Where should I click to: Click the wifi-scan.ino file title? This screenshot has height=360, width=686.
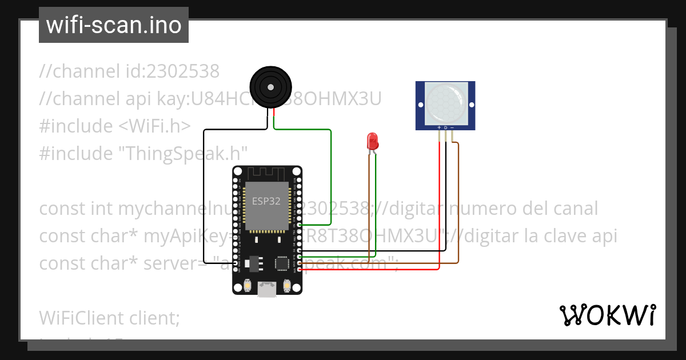click(113, 25)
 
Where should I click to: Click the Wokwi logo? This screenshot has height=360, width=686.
click(607, 315)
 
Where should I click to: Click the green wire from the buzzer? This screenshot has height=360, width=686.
click(331, 171)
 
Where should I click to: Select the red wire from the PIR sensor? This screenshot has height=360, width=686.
click(439, 206)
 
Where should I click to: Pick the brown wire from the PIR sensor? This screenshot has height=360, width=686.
click(458, 206)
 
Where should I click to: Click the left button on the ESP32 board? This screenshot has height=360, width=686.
click(248, 284)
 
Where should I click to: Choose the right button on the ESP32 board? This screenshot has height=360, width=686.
click(286, 284)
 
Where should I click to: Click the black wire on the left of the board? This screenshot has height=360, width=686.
click(204, 194)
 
